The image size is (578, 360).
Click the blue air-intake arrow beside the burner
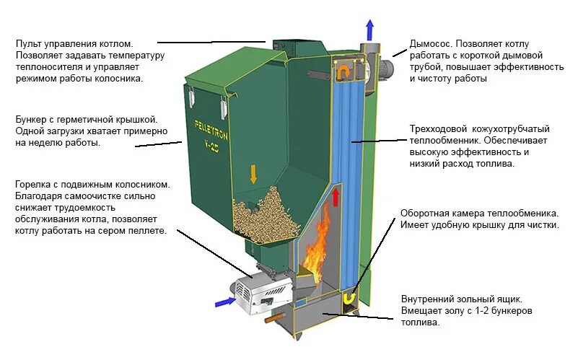click(225, 302)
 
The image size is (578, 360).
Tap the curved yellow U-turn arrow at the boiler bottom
click(349, 297)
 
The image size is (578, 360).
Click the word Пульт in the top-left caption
click(30, 44)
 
